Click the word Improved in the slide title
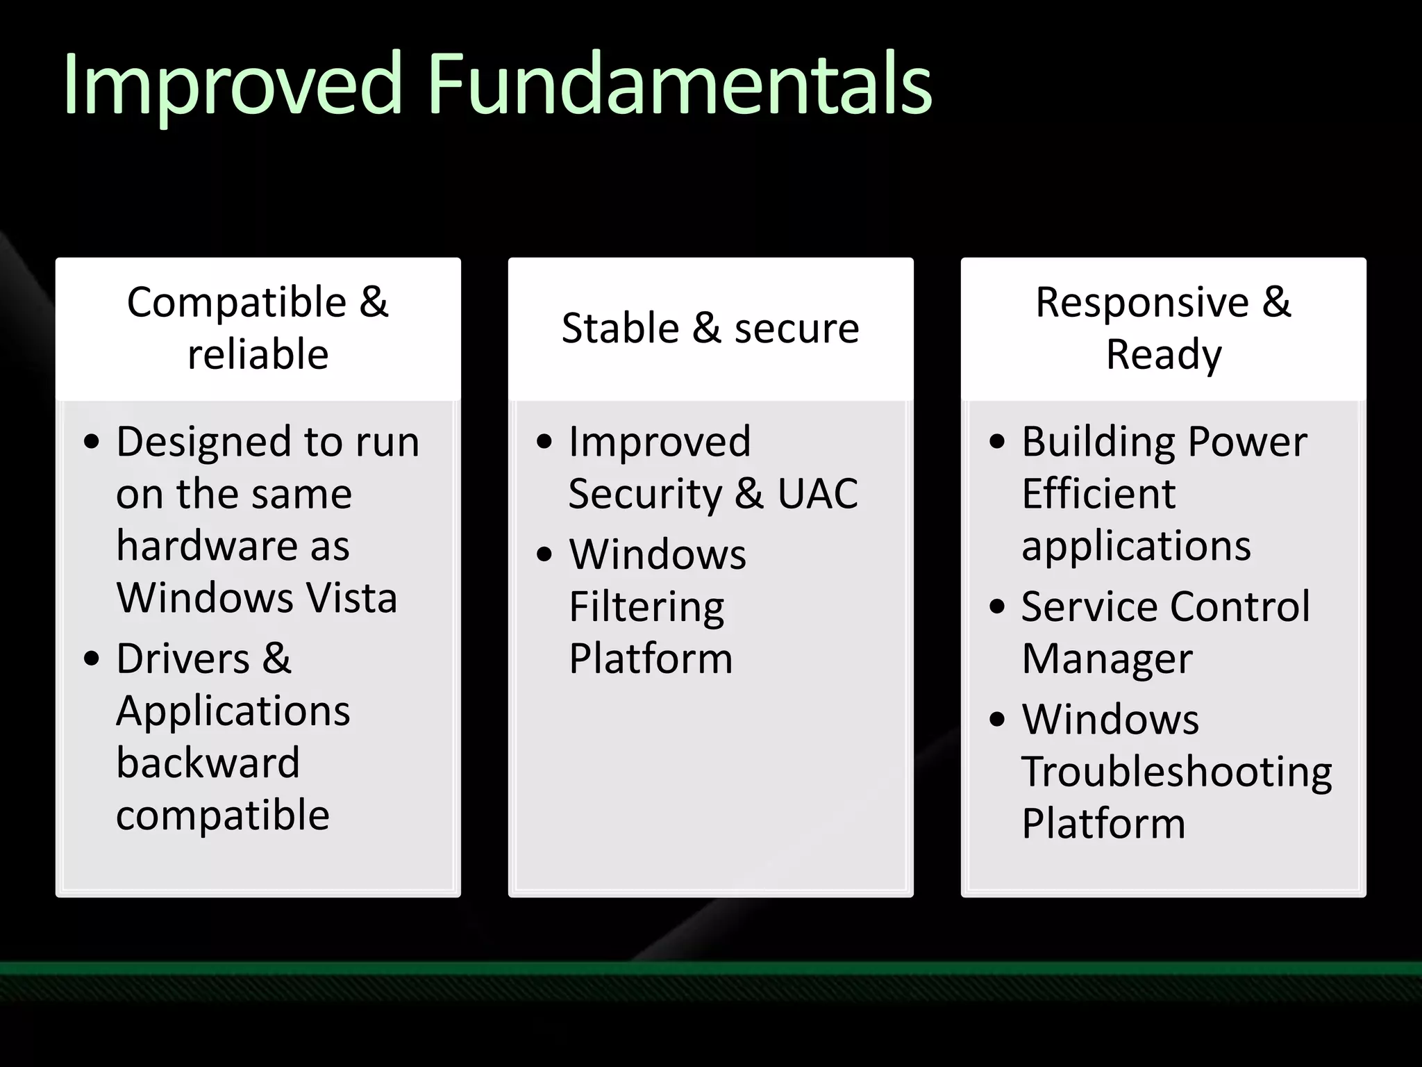point(233,85)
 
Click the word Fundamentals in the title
point(679,85)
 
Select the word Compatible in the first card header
point(237,303)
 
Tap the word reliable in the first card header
point(258,354)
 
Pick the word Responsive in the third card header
point(1142,303)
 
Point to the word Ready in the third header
point(1164,356)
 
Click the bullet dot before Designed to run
point(92,442)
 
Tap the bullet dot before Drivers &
point(92,659)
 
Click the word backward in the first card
point(208,763)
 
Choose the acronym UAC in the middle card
point(817,494)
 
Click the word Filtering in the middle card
point(646,607)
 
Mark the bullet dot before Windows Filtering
point(544,554)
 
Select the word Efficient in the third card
point(1098,494)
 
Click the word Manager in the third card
point(1107,659)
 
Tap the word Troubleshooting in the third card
point(1176,772)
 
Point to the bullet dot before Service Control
point(997,606)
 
